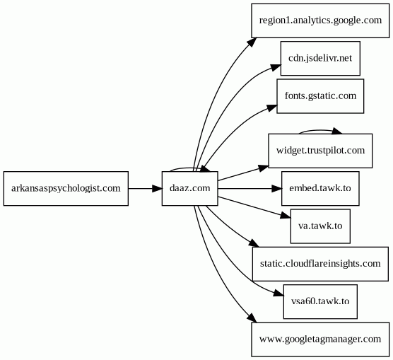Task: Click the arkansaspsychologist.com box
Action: (66, 188)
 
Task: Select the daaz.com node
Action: (189, 188)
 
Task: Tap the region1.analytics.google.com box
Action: (320, 21)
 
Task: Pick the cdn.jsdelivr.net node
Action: (320, 58)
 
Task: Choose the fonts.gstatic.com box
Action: (320, 95)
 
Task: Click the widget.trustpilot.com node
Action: (320, 151)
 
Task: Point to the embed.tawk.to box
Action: (320, 188)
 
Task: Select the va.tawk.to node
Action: (320, 226)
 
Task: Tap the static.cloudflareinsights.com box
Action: (320, 264)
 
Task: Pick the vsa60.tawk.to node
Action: (320, 301)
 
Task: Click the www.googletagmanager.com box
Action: (320, 339)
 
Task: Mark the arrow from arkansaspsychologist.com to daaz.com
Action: (145, 188)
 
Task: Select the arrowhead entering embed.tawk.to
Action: (277, 188)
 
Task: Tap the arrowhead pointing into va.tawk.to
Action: (286, 216)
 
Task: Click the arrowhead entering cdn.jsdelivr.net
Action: (276, 66)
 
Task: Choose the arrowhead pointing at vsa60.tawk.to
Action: (278, 294)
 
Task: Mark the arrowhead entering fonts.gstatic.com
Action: (272, 108)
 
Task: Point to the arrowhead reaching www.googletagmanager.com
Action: (252, 318)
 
